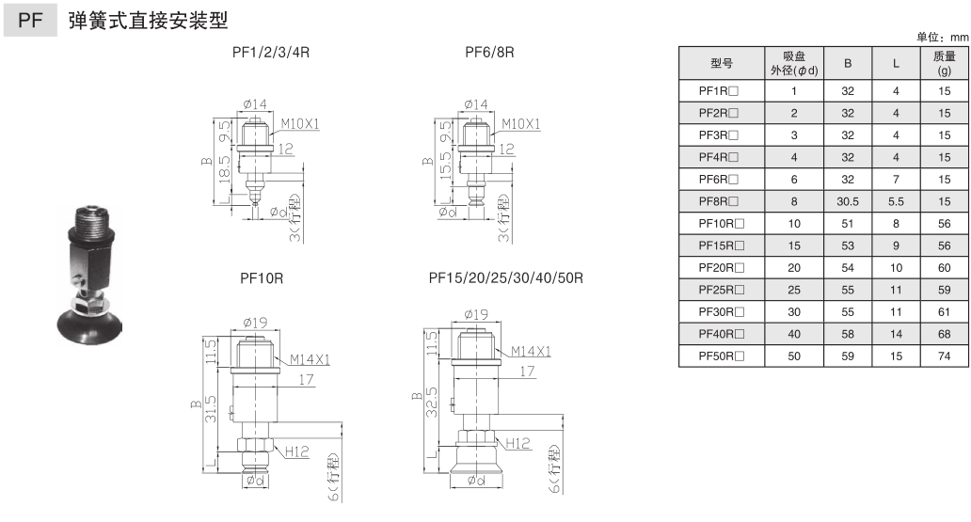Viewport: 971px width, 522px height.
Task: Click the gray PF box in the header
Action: pyautogui.click(x=30, y=20)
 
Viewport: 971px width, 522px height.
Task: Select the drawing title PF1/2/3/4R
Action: pyautogui.click(x=271, y=52)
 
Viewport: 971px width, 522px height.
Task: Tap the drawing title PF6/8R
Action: pyautogui.click(x=489, y=52)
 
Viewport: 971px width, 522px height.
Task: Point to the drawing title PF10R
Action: pyautogui.click(x=262, y=278)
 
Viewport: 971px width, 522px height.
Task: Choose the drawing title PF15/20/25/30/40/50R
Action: pyautogui.click(x=506, y=278)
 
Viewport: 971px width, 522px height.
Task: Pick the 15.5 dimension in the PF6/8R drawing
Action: pyautogui.click(x=445, y=166)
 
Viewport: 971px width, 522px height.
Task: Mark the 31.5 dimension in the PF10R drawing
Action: pyautogui.click(x=211, y=409)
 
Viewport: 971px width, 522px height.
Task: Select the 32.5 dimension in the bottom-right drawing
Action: pyautogui.click(x=432, y=402)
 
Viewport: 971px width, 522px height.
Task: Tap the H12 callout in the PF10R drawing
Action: pyautogui.click(x=297, y=451)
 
